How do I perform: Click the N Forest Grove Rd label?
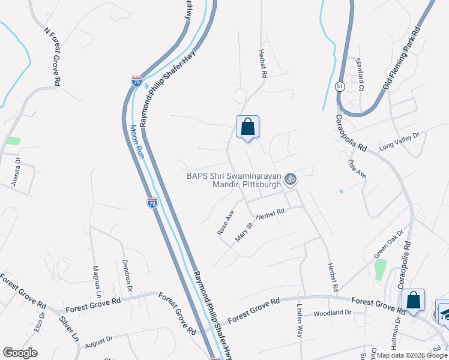pyautogui.click(x=53, y=56)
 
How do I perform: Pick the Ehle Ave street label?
pyautogui.click(x=357, y=167)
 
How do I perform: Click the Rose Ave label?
pyautogui.click(x=226, y=222)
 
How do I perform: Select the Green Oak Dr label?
pyautogui.click(x=389, y=246)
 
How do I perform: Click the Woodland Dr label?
pyautogui.click(x=332, y=313)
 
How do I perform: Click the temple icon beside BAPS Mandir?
pyautogui.click(x=291, y=179)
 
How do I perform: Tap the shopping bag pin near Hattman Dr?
pyautogui.click(x=414, y=301)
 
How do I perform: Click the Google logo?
pyautogui.click(x=20, y=353)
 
